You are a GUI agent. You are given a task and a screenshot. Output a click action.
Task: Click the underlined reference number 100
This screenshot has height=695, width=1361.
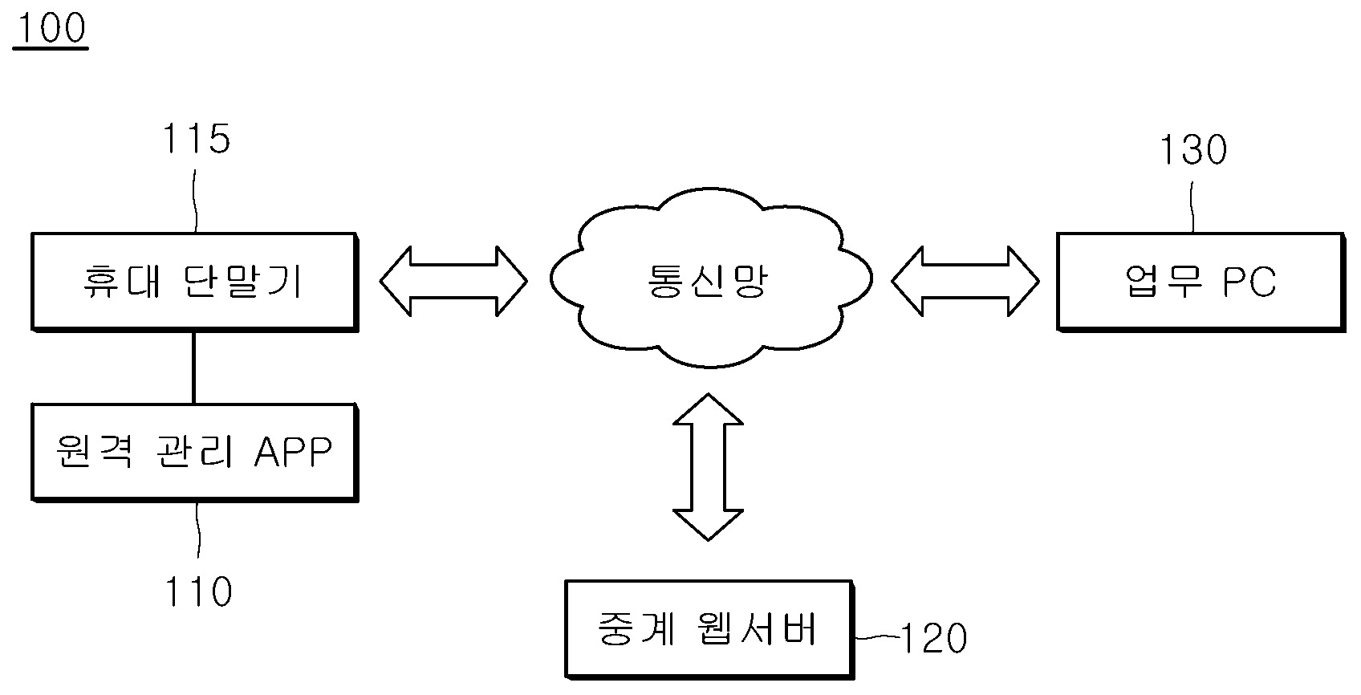click(50, 29)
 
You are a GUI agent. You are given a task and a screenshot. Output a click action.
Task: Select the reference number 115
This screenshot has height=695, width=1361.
click(197, 139)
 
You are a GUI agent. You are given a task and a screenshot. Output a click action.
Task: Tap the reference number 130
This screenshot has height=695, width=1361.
click(1194, 150)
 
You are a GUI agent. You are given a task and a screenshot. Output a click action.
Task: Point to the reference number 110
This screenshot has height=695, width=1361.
click(197, 592)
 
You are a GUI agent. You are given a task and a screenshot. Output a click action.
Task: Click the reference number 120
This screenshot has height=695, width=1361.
click(934, 639)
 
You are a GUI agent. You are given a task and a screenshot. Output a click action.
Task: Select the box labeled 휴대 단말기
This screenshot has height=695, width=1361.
click(193, 282)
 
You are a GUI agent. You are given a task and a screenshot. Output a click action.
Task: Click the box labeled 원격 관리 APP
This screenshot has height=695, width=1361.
click(193, 453)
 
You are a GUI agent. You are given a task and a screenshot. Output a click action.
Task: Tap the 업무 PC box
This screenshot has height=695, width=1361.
click(1200, 281)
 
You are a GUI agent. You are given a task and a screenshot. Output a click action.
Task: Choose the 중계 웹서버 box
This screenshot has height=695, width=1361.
click(709, 628)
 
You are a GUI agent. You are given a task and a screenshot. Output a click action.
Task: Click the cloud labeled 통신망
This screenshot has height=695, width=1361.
click(709, 281)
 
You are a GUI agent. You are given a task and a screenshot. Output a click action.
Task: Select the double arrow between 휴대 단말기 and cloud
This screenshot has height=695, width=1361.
click(453, 281)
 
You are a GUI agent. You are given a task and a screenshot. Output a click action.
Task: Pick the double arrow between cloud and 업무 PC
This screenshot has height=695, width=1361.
click(965, 281)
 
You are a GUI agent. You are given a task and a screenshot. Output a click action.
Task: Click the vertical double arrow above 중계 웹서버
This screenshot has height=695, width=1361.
click(708, 466)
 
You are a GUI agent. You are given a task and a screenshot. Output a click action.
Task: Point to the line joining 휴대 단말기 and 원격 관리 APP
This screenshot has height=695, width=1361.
click(193, 368)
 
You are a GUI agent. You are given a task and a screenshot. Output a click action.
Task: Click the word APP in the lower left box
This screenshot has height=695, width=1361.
click(294, 453)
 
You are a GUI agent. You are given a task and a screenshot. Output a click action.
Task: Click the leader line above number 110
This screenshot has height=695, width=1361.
click(198, 530)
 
